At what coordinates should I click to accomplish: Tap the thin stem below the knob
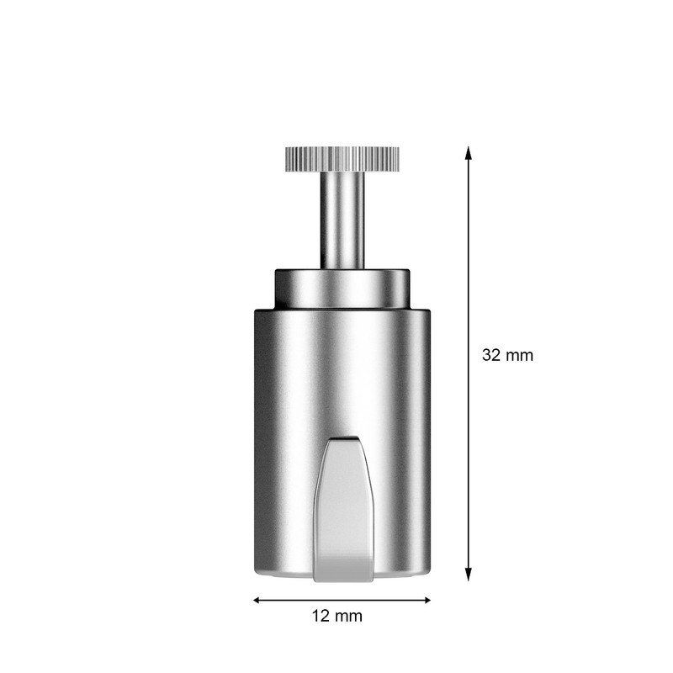tap(342, 219)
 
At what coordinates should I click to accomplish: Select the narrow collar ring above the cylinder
tap(342, 288)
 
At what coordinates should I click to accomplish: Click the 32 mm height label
tap(507, 355)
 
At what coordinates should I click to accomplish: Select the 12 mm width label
tap(336, 616)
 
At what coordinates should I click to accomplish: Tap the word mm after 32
tap(520, 355)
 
